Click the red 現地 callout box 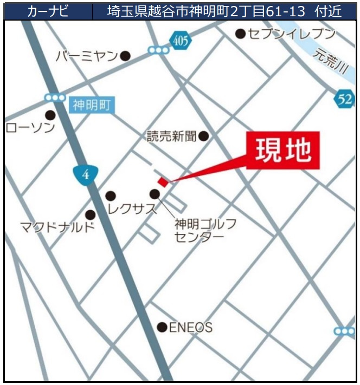pyautogui.click(x=283, y=150)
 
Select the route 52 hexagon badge pyautogui.click(x=344, y=99)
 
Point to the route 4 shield pyautogui.click(x=85, y=175)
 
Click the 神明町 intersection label pyautogui.click(x=91, y=105)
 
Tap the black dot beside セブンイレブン pyautogui.click(x=240, y=34)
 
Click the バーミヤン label pyautogui.click(x=87, y=56)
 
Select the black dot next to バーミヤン pyautogui.click(x=125, y=55)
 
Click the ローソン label pyautogui.click(x=30, y=128)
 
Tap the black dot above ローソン pyautogui.click(x=50, y=115)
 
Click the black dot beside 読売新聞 pyautogui.click(x=203, y=136)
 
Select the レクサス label pyautogui.click(x=132, y=208)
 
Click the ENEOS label pyautogui.click(x=191, y=327)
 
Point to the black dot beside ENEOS pyautogui.click(x=162, y=327)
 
